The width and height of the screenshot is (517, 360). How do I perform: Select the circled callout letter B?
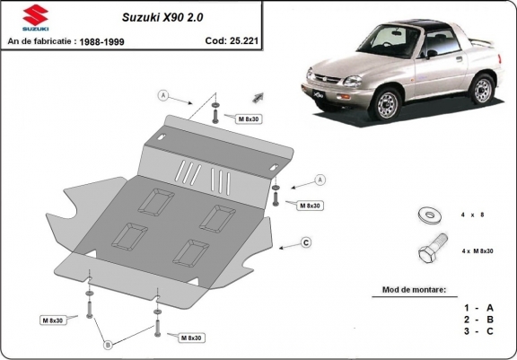(x=107, y=343)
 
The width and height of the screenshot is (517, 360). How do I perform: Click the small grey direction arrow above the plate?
(x=257, y=96)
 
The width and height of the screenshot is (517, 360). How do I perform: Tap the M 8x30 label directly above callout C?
(x=310, y=206)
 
